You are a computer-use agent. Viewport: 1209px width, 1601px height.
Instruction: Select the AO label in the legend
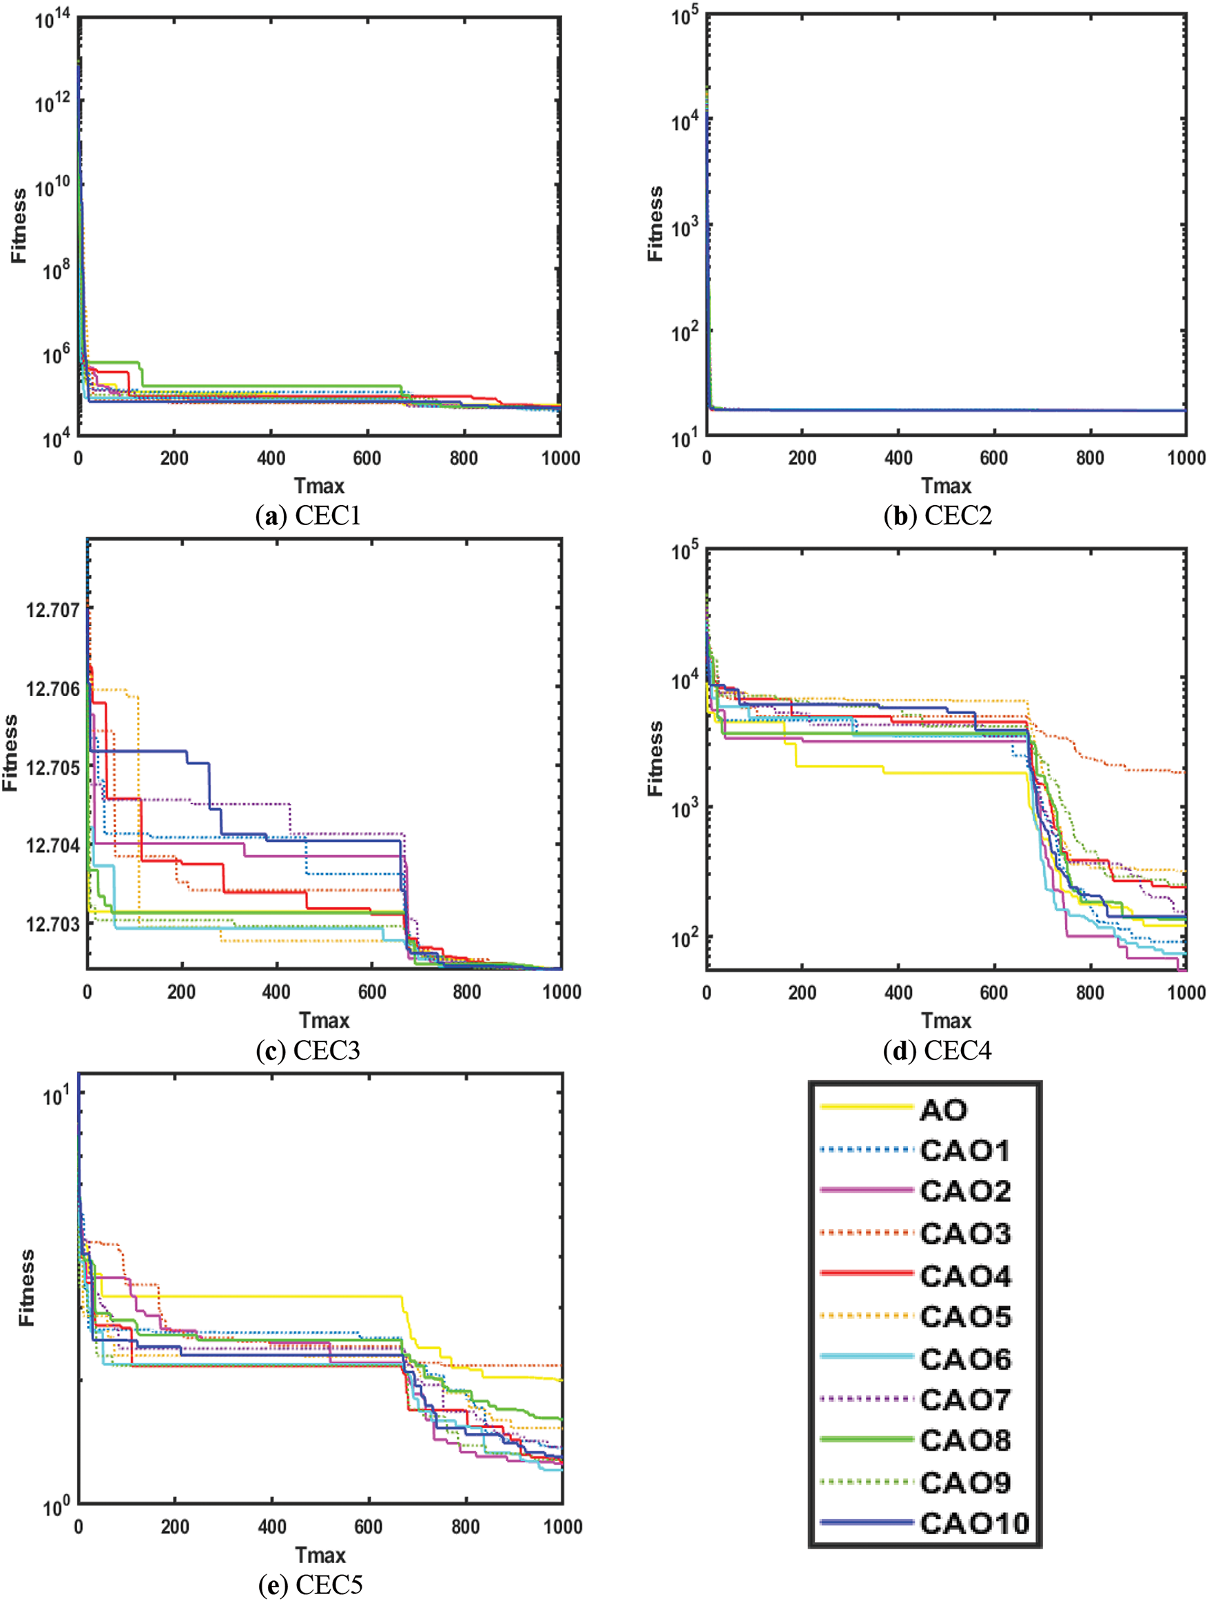tap(944, 1110)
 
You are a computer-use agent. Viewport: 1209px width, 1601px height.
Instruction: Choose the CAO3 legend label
tap(965, 1234)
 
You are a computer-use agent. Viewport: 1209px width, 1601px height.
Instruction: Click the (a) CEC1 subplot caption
tap(308, 516)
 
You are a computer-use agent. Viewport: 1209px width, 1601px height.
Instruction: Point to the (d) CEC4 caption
tap(937, 1050)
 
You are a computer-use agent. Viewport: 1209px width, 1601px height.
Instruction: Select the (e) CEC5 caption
tap(311, 1584)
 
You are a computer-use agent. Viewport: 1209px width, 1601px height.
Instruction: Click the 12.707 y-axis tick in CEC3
tap(53, 610)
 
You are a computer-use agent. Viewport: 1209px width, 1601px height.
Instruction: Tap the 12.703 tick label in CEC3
tap(53, 924)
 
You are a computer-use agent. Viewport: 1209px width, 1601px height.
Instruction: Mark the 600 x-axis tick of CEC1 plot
tap(366, 458)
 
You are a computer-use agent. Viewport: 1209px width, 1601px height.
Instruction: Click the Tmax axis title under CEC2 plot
tap(946, 485)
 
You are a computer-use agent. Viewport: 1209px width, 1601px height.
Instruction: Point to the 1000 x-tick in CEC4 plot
tap(1186, 992)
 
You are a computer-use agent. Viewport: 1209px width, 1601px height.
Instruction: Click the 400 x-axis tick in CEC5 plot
tap(272, 1527)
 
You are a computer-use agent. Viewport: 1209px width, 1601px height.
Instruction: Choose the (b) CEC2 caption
tap(937, 516)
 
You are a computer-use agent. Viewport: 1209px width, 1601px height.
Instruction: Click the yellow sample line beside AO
tap(866, 1108)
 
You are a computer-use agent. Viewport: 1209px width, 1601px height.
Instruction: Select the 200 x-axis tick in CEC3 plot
tap(182, 992)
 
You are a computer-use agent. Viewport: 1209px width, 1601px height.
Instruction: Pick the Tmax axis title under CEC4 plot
tap(946, 1021)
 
